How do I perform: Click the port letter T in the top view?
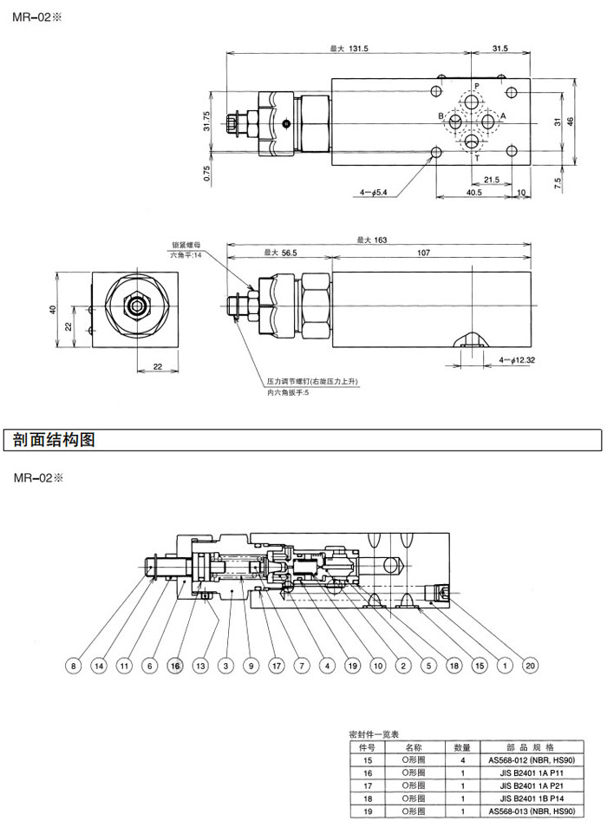[475, 157]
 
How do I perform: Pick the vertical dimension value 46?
[570, 122]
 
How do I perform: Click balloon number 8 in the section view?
[74, 666]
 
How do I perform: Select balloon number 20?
[531, 666]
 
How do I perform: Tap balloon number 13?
[200, 666]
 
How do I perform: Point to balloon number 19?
[352, 666]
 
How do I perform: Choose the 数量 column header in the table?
[462, 746]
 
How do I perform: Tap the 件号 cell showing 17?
[367, 785]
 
